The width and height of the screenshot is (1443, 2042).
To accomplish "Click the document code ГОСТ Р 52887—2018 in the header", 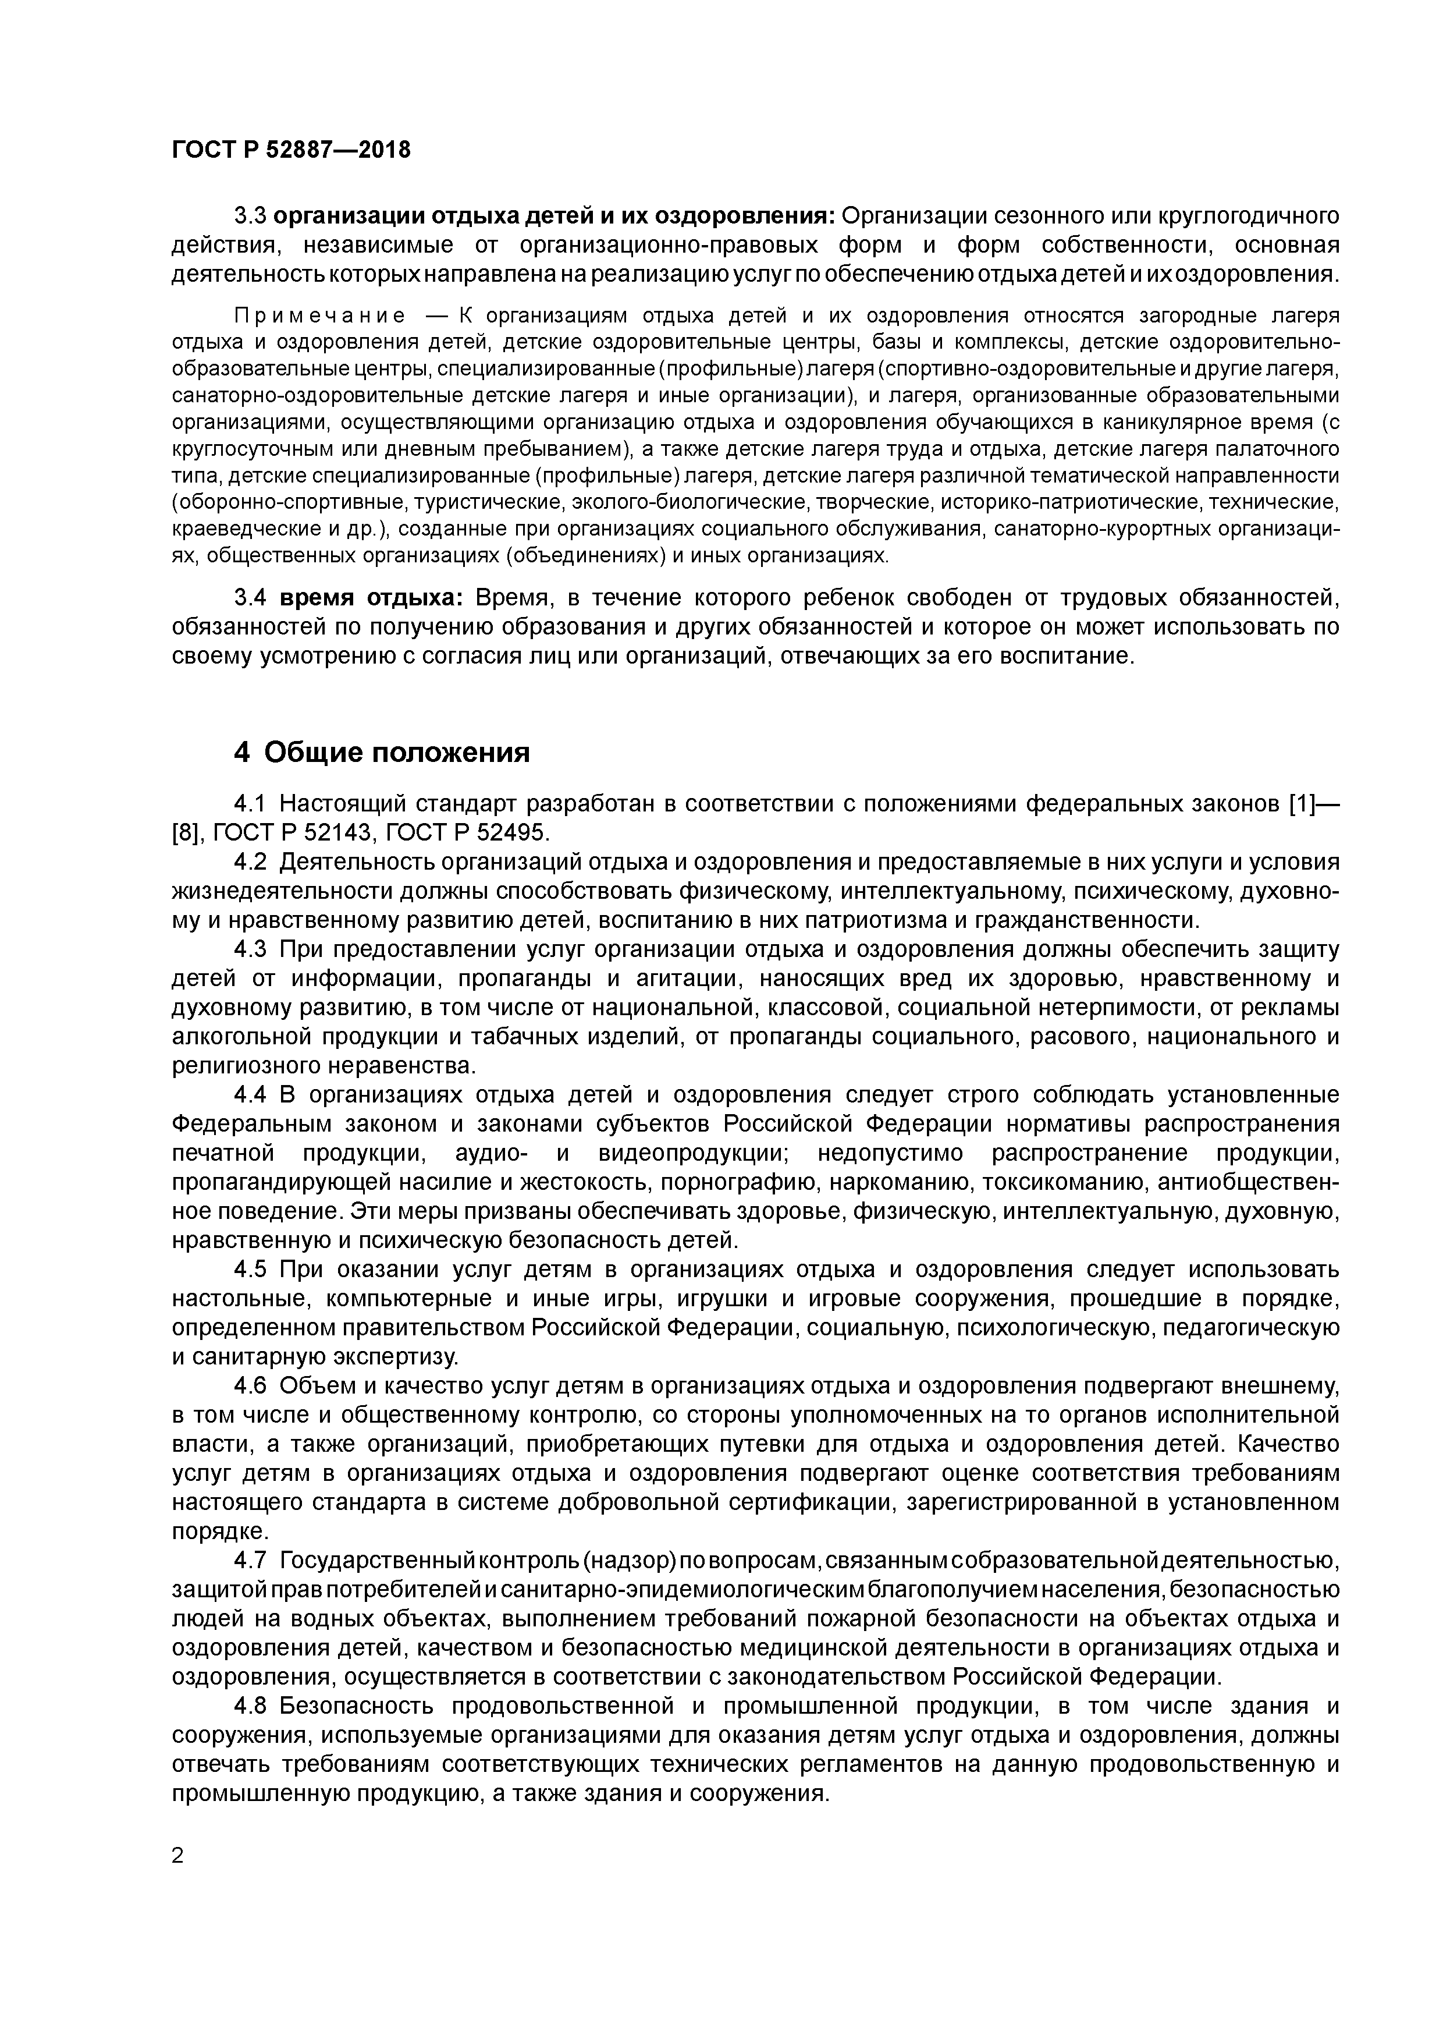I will click(291, 150).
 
